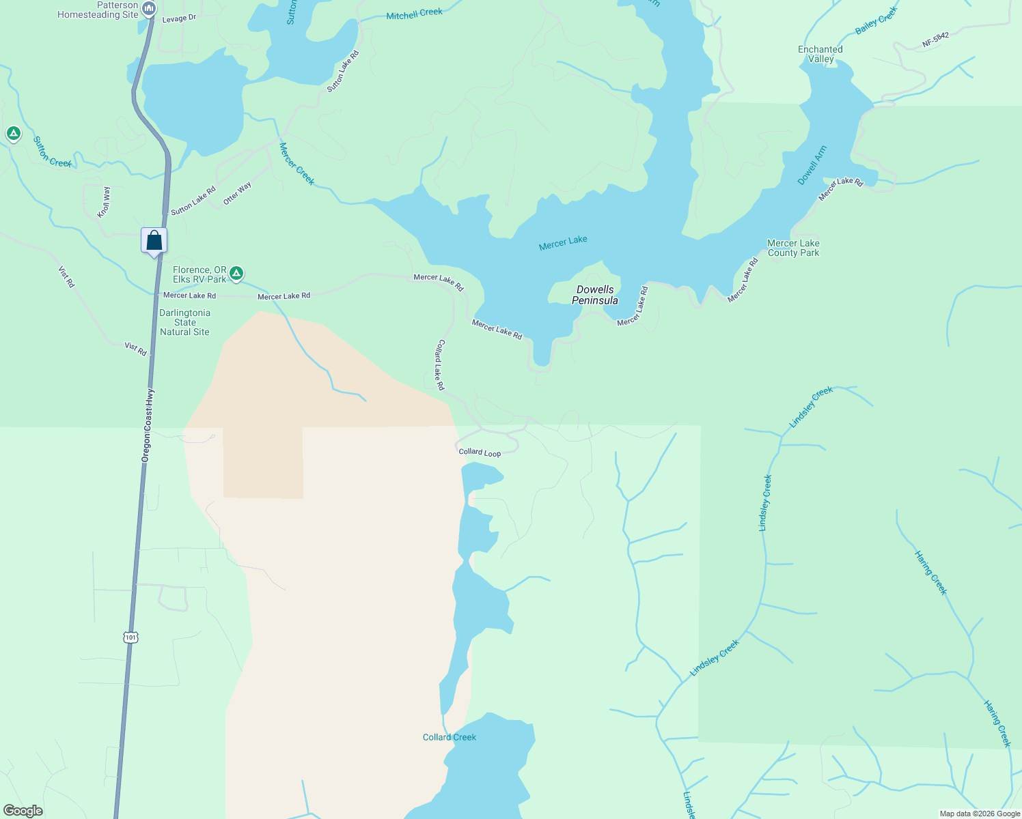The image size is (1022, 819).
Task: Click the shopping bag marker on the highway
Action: coord(154,241)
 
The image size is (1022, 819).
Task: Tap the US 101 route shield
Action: coord(130,637)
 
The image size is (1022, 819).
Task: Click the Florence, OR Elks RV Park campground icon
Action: coord(236,274)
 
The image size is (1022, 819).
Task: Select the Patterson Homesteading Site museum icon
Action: coord(150,9)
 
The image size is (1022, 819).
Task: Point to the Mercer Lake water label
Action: coord(563,243)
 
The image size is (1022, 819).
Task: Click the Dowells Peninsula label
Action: coord(595,295)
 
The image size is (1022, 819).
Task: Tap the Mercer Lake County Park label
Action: coord(793,248)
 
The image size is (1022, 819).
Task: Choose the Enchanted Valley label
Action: coord(820,54)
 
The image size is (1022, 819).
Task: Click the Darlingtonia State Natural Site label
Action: coord(184,322)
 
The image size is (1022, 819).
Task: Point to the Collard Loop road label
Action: coord(480,452)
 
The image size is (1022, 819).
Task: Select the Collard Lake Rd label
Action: coord(440,365)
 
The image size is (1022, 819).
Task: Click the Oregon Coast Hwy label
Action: coord(148,425)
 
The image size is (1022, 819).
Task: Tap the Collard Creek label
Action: coord(450,737)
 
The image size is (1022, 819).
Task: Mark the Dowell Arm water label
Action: coord(812,165)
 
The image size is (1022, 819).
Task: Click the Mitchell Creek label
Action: coord(414,14)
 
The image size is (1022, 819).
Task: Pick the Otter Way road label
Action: coord(237,193)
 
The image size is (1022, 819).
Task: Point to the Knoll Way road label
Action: coord(104,202)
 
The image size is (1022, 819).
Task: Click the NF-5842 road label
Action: coord(935,40)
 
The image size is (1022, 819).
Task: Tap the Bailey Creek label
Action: coord(876,21)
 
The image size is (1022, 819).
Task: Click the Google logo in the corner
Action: coord(23,810)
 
